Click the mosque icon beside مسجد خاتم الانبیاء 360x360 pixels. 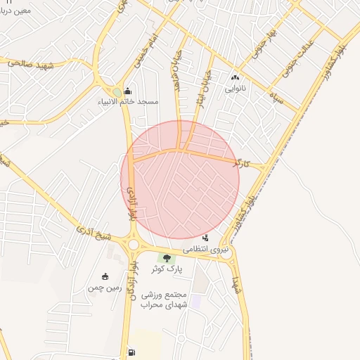point(127,91)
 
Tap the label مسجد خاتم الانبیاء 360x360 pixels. point(128,102)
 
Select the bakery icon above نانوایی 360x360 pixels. point(235,78)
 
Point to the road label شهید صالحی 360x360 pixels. point(32,63)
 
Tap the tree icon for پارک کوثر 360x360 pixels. point(167,259)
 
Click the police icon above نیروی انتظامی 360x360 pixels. point(205,238)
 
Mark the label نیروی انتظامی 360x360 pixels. point(206,249)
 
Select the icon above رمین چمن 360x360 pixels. point(105,276)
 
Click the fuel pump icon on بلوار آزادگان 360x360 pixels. point(131,352)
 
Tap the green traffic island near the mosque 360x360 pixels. point(117,92)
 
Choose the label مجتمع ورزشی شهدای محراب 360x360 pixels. point(162,300)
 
